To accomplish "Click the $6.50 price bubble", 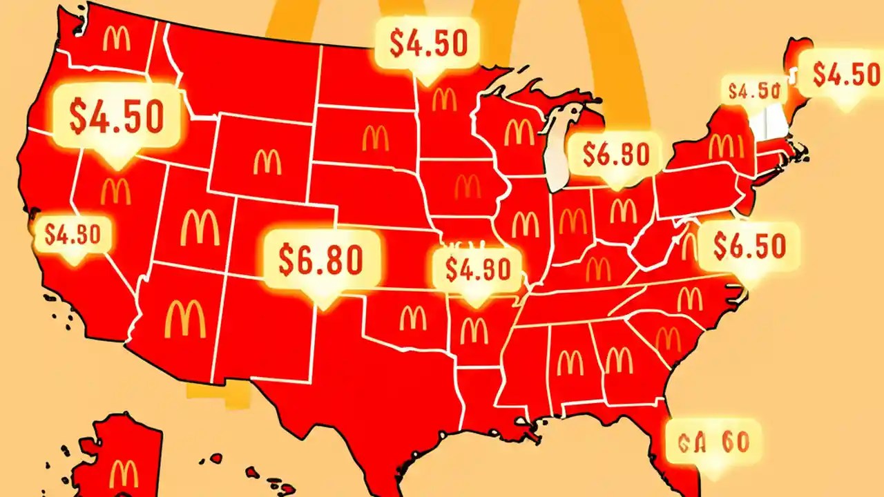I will [x=749, y=246].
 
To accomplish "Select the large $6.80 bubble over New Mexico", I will [x=321, y=259].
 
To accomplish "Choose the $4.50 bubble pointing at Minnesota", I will [x=428, y=43].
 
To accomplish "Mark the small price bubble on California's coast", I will [x=73, y=235].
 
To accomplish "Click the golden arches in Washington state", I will [x=116, y=39].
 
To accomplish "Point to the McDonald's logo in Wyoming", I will [x=267, y=162].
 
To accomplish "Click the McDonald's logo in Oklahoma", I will [x=413, y=318].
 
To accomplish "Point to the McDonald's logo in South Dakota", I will [x=376, y=139].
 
